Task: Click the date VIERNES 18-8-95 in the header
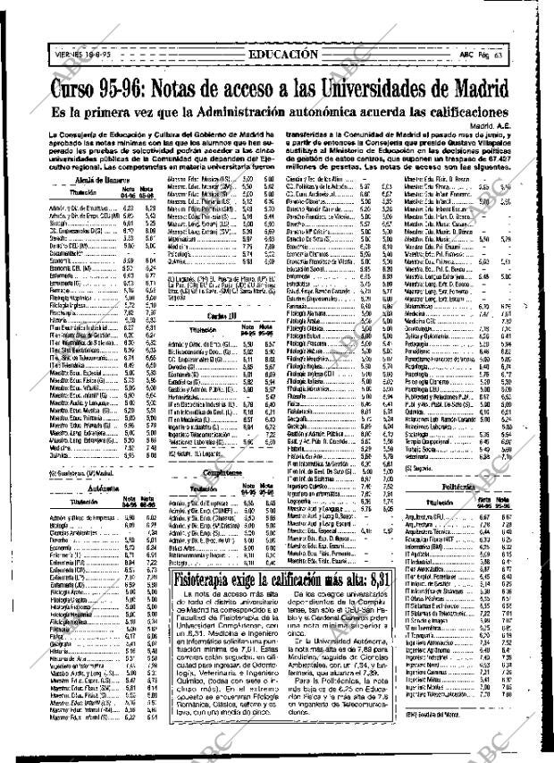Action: [82, 55]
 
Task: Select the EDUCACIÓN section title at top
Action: [282, 54]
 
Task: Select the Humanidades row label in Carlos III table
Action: [187, 394]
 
